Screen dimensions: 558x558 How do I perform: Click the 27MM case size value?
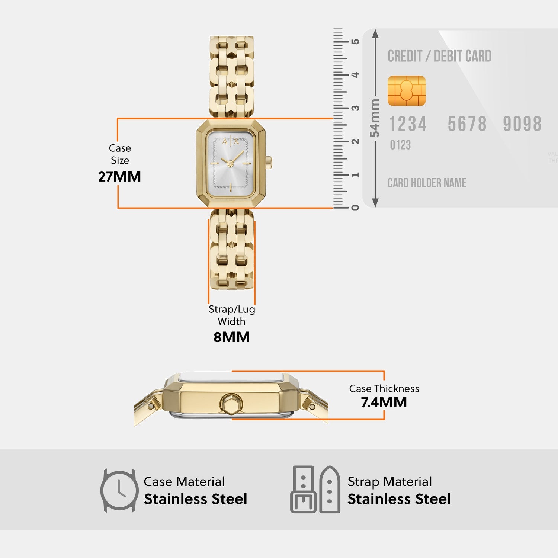119,177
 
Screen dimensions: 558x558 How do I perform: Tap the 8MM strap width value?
231,337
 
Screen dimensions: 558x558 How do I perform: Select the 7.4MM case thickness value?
384,403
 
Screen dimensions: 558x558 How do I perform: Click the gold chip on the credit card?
407,91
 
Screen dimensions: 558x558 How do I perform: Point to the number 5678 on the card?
467,124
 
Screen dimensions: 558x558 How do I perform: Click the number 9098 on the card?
522,124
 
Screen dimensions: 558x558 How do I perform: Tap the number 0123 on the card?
400,145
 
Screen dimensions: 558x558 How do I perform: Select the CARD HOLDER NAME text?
427,183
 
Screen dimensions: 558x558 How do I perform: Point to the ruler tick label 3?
356,108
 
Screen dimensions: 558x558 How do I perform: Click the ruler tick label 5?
356,42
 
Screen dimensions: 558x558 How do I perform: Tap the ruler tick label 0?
356,208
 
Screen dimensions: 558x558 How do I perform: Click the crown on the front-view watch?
269,163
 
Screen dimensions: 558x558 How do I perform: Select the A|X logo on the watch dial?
231,141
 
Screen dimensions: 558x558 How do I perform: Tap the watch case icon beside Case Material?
119,490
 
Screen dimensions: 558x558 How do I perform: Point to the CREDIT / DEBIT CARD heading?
439,56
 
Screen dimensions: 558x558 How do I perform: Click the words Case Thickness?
384,389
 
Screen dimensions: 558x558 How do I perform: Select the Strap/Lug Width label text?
231,315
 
